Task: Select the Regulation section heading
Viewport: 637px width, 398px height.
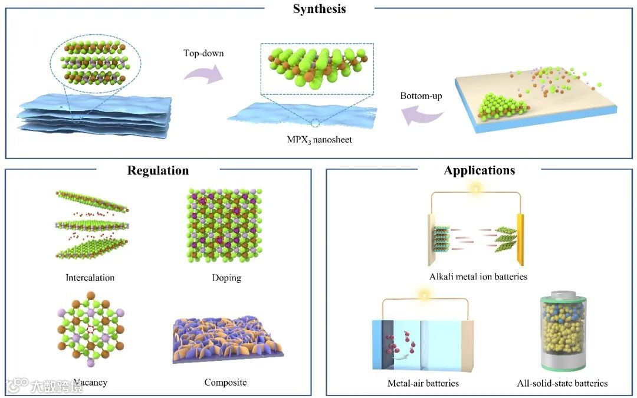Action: pos(158,171)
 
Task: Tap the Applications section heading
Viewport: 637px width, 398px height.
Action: pos(479,171)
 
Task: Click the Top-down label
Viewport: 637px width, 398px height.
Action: pos(203,53)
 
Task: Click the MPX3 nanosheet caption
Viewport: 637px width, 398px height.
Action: pos(317,140)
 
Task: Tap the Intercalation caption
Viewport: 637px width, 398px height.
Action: pos(90,277)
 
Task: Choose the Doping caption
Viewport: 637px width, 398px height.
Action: pos(226,278)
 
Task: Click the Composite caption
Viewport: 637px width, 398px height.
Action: pos(225,383)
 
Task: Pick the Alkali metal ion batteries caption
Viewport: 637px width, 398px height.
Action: pos(478,277)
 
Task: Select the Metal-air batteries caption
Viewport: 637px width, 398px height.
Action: pos(423,384)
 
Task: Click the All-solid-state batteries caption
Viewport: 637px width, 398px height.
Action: pos(562,384)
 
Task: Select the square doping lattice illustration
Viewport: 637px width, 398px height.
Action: pos(227,227)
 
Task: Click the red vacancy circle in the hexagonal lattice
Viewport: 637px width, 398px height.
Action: pos(91,328)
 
